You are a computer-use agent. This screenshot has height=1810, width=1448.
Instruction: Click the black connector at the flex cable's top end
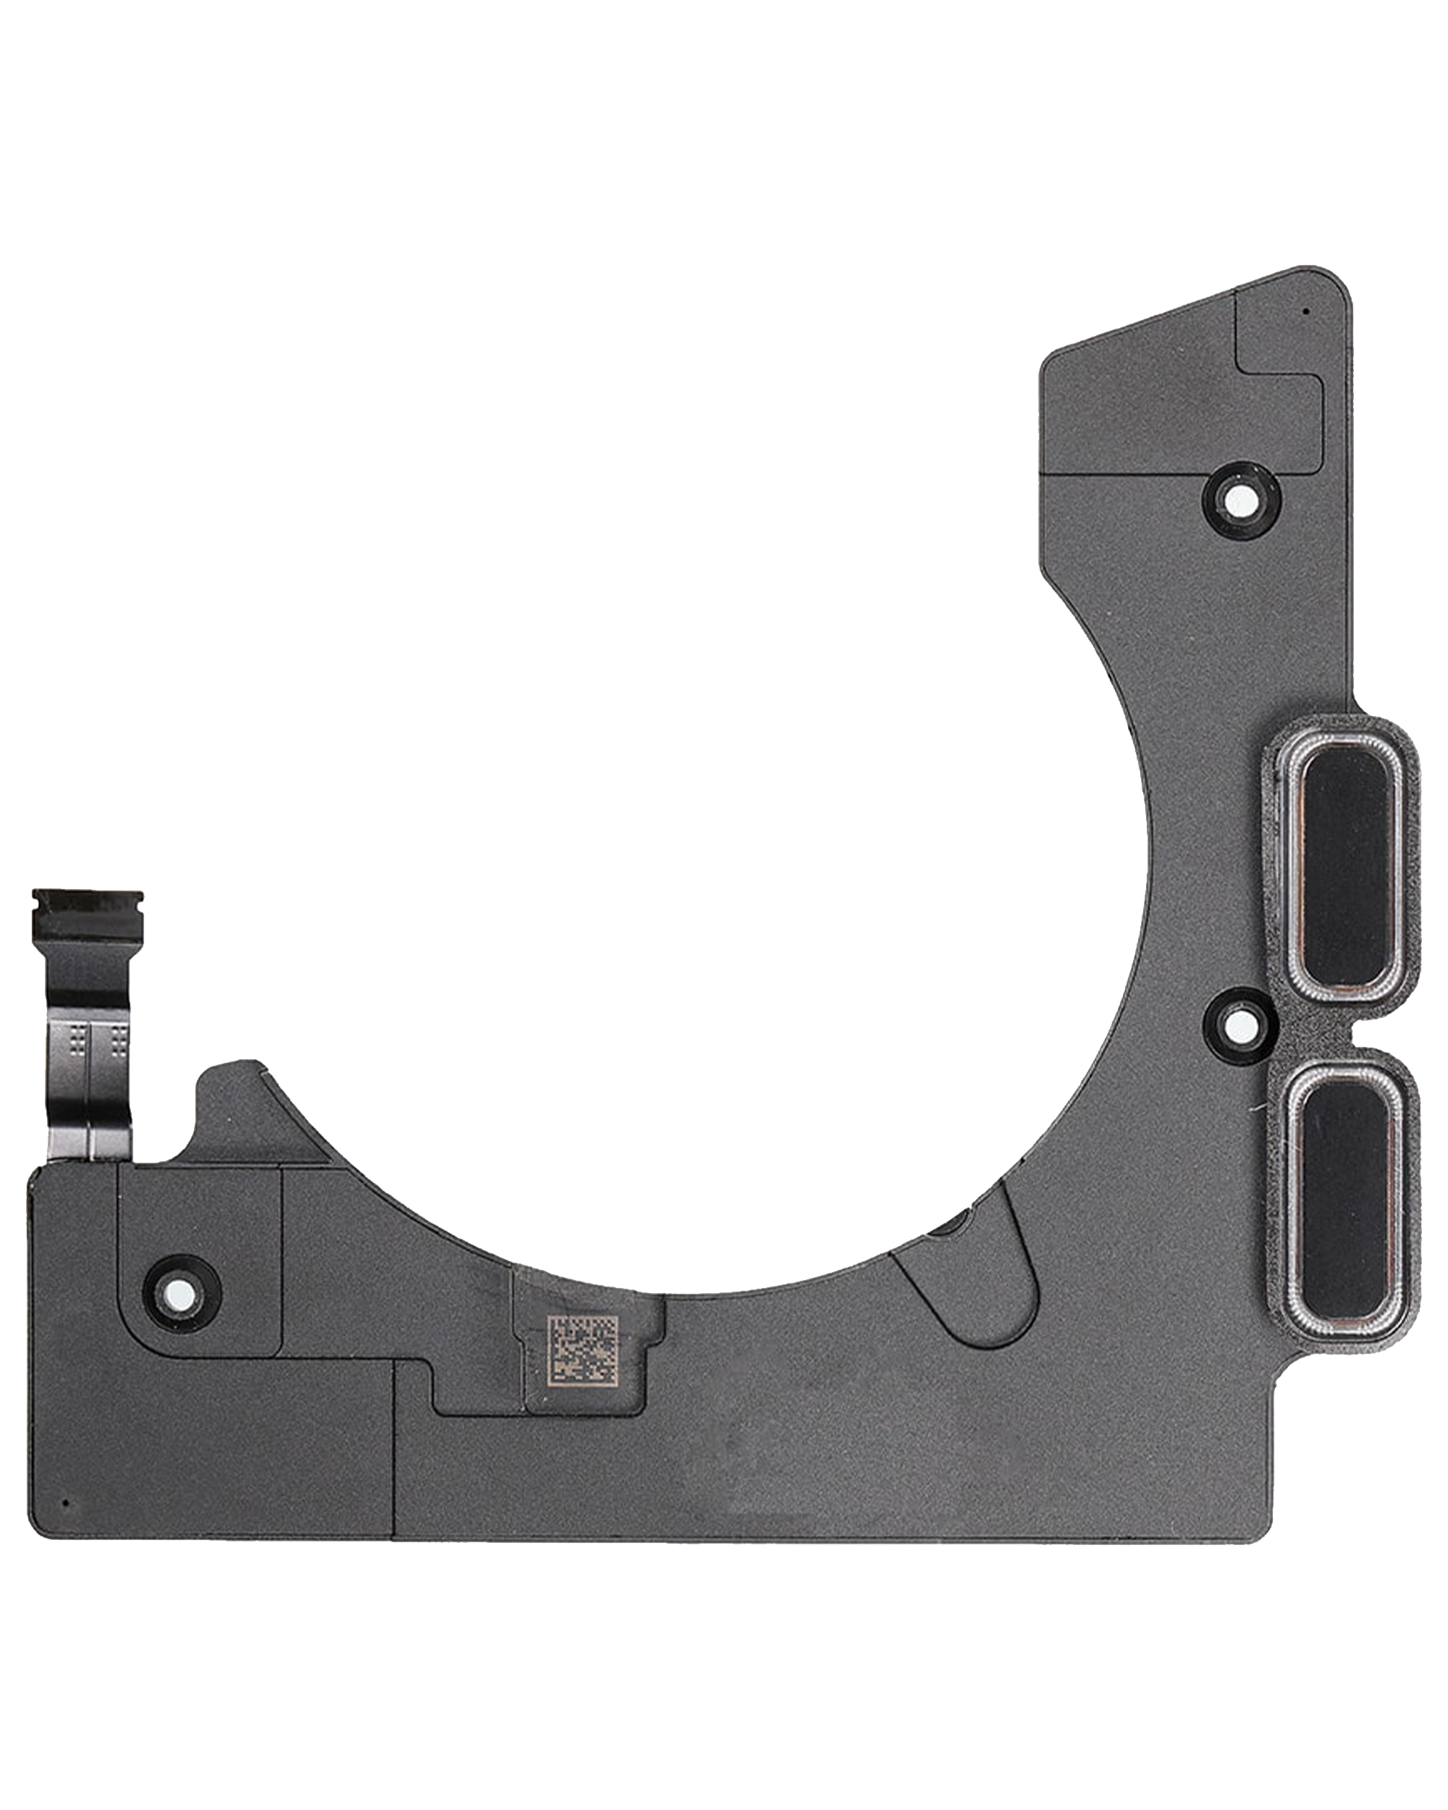pyautogui.click(x=85, y=915)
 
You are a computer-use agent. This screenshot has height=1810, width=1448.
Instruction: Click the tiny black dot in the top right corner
pyautogui.click(x=1305, y=311)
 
